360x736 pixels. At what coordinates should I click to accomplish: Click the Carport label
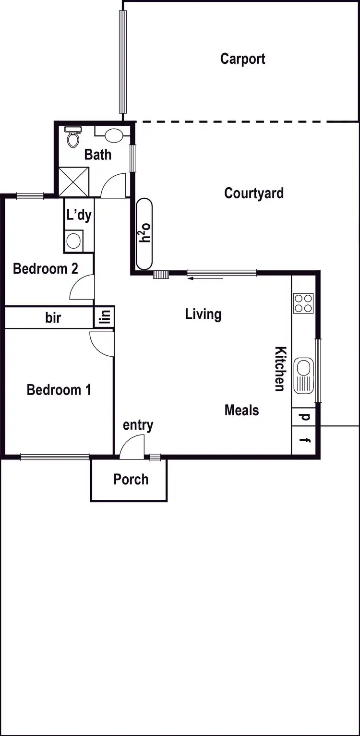pos(242,59)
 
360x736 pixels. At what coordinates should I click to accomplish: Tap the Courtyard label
pos(253,193)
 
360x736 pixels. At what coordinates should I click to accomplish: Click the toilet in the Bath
pos(73,138)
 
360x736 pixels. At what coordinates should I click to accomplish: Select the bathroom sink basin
pos(113,135)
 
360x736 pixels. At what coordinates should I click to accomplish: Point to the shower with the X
pos(73,181)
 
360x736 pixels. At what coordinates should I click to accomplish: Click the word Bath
pos(98,155)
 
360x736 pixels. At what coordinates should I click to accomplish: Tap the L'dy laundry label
pos(79,216)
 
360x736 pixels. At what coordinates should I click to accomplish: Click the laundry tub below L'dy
pos(73,241)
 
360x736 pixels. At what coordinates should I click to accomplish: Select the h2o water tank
pos(145,234)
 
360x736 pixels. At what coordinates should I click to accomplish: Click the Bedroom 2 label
pos(46,268)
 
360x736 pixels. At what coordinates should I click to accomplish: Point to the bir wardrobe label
pos(53,317)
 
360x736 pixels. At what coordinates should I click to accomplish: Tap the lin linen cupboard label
pos(105,317)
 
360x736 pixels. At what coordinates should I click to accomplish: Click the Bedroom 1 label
pos(59,389)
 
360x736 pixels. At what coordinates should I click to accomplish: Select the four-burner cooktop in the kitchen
pos(303,303)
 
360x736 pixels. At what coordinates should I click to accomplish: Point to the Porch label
pos(131,479)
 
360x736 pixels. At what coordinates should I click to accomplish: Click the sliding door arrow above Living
pos(205,278)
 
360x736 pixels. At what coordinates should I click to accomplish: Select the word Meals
pos(241,410)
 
